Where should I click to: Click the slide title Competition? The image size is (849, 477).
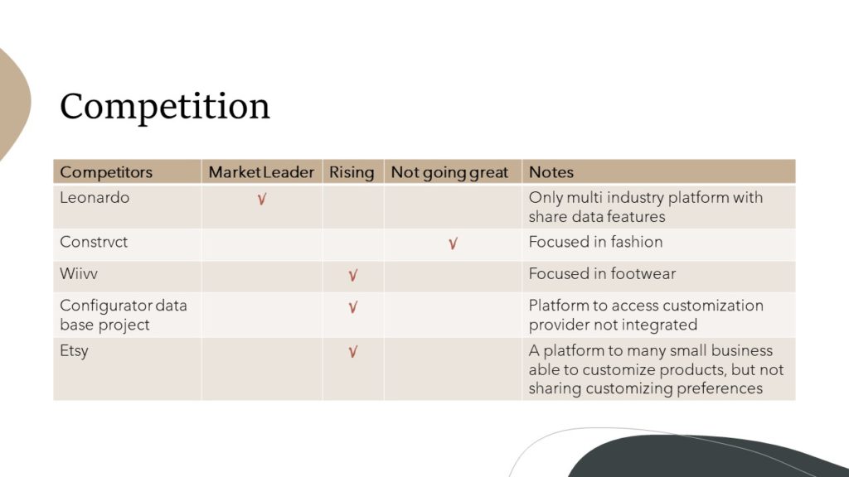165,107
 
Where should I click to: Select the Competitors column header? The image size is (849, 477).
106,172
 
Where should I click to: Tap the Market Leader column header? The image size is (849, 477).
261,172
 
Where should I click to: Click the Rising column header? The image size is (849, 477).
352,172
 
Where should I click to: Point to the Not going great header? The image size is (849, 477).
449,172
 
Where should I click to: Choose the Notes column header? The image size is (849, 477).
551,172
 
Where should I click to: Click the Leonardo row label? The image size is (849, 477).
95,197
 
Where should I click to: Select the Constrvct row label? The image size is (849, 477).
94,242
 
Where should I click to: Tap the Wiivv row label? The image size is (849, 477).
79,273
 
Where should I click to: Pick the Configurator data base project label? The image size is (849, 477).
124,315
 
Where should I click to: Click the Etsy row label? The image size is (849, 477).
74,351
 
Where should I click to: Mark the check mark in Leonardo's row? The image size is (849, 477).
262,200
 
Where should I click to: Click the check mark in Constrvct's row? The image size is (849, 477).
454,244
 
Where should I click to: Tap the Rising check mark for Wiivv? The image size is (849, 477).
353,276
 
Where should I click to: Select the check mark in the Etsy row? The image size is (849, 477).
353,352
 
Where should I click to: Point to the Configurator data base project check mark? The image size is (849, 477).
353,308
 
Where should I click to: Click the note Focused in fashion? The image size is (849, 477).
595,242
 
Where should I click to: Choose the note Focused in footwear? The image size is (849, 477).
602,273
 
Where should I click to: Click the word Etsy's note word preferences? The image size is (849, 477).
720,389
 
